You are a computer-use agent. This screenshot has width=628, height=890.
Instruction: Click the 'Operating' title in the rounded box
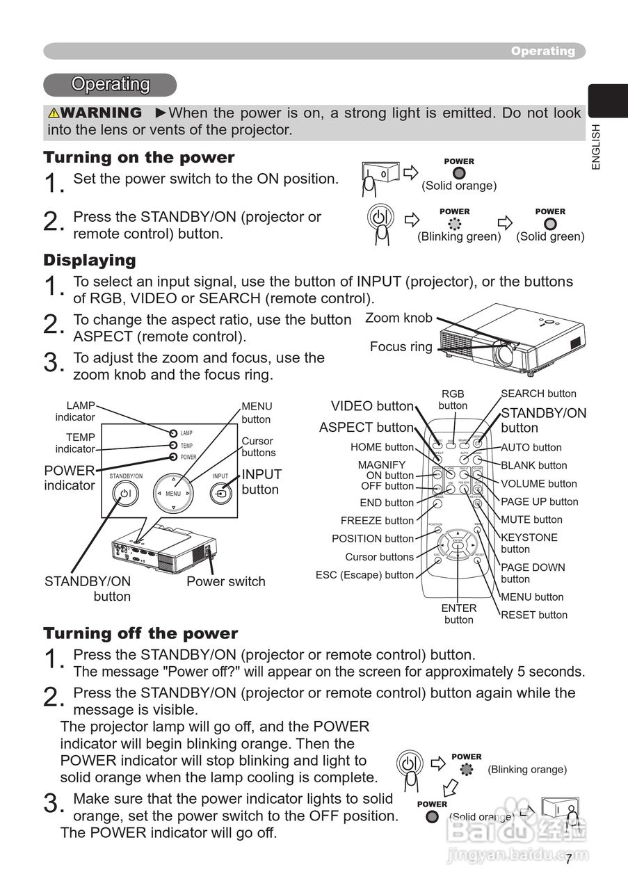(111, 84)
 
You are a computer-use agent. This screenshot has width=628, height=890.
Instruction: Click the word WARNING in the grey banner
(95, 113)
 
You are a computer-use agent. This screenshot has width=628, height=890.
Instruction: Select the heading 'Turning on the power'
(139, 157)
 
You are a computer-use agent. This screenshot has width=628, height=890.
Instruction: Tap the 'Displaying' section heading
(90, 261)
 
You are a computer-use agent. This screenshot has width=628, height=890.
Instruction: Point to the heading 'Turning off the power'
(140, 633)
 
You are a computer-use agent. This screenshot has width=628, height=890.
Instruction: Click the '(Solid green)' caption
(550, 236)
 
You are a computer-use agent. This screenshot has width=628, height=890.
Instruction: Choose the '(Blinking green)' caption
(458, 236)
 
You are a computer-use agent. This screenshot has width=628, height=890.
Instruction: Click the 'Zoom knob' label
(398, 318)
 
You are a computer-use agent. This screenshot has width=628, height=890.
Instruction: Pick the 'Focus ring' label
(401, 346)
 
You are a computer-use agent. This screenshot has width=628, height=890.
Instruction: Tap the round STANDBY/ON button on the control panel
(125, 493)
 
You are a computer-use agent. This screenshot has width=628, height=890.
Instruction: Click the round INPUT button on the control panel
(220, 493)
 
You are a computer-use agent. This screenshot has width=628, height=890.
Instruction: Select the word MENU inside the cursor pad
(173, 494)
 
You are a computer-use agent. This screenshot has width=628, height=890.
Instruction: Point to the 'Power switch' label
(225, 581)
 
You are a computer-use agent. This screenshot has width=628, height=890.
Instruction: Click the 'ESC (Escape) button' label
(364, 575)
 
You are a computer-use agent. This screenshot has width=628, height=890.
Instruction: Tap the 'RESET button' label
(534, 615)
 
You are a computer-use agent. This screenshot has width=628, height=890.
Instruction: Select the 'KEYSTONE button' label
(529, 543)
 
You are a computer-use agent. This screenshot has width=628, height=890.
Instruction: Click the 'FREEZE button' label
(377, 521)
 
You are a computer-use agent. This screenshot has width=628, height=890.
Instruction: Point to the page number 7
(568, 860)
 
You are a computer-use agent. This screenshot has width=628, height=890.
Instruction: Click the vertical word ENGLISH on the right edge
(595, 147)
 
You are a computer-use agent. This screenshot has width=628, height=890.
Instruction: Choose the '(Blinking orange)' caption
(527, 770)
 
